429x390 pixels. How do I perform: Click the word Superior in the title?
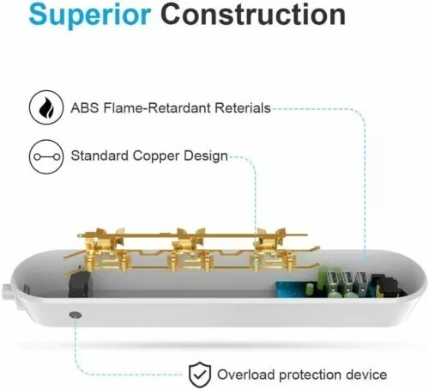click(x=90, y=15)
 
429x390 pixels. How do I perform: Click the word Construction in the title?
click(x=253, y=14)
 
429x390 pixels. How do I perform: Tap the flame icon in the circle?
click(x=46, y=107)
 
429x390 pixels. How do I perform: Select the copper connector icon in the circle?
click(x=46, y=156)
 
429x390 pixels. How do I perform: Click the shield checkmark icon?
click(x=200, y=375)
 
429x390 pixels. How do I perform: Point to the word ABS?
click(x=85, y=108)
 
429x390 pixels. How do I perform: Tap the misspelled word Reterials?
click(x=243, y=108)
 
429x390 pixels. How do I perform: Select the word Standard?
click(x=100, y=155)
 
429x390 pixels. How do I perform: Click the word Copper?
click(x=156, y=157)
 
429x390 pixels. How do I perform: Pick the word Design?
click(x=206, y=157)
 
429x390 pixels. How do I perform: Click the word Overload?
click(x=246, y=375)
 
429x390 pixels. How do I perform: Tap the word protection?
click(x=310, y=375)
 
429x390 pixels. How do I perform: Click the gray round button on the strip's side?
click(x=76, y=315)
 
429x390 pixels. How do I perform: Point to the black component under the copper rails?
click(x=80, y=284)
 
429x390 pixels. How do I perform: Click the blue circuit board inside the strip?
click(x=292, y=289)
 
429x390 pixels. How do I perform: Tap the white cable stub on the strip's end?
click(x=8, y=292)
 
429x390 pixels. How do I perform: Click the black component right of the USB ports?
click(x=385, y=284)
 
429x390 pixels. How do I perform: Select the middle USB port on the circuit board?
click(x=347, y=281)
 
